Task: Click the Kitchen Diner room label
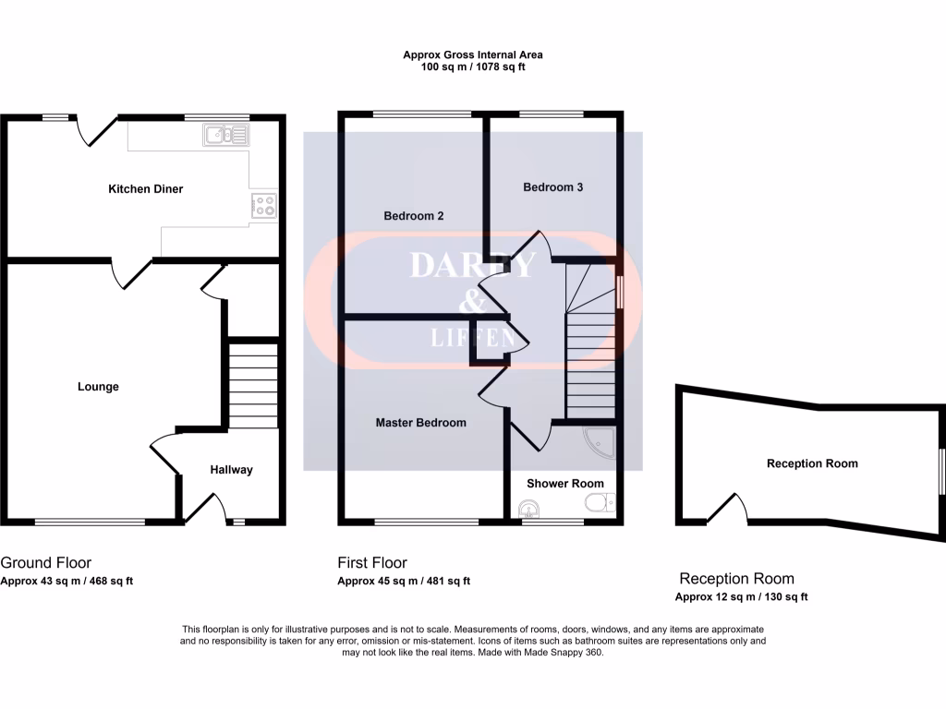(x=146, y=189)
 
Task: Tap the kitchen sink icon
(x=226, y=136)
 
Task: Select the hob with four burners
(x=262, y=206)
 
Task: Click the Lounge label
(x=98, y=387)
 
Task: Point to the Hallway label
(x=231, y=470)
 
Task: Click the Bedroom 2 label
(x=414, y=216)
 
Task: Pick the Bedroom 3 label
(x=553, y=187)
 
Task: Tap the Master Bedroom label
(x=420, y=423)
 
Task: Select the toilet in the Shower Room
(x=599, y=504)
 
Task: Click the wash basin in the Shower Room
(x=528, y=507)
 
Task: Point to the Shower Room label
(x=565, y=484)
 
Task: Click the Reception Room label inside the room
(x=812, y=463)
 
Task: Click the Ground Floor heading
(x=46, y=562)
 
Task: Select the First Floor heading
(x=372, y=562)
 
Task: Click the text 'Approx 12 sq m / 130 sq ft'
(x=742, y=596)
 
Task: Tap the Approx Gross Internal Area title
(x=471, y=54)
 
